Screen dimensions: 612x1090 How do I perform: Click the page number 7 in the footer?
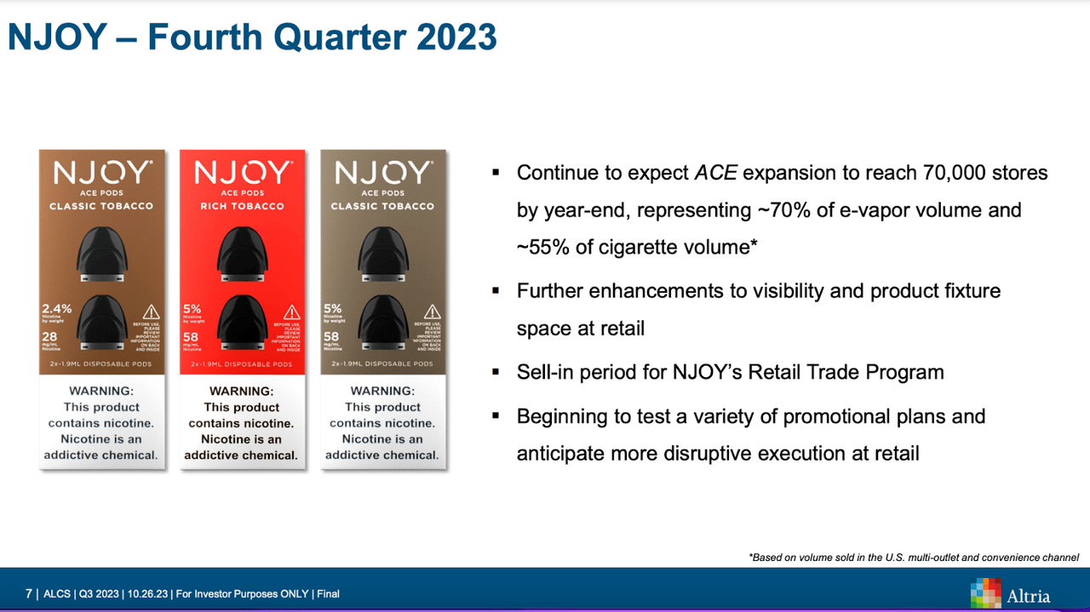pyautogui.click(x=29, y=593)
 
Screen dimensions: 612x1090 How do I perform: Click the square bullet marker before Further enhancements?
pyautogui.click(x=496, y=290)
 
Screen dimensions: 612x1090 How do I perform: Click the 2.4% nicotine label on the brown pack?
pyautogui.click(x=57, y=309)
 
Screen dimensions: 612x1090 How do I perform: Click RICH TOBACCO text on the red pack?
pyautogui.click(x=242, y=206)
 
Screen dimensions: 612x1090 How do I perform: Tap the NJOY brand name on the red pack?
pyautogui.click(x=242, y=174)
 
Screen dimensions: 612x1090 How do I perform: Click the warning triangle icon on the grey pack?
pyautogui.click(x=433, y=312)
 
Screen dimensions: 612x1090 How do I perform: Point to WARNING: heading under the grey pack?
pyautogui.click(x=382, y=391)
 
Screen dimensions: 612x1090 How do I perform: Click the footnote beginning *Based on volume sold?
pyautogui.click(x=914, y=558)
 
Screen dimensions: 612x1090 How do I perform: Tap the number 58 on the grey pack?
pyautogui.click(x=332, y=337)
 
